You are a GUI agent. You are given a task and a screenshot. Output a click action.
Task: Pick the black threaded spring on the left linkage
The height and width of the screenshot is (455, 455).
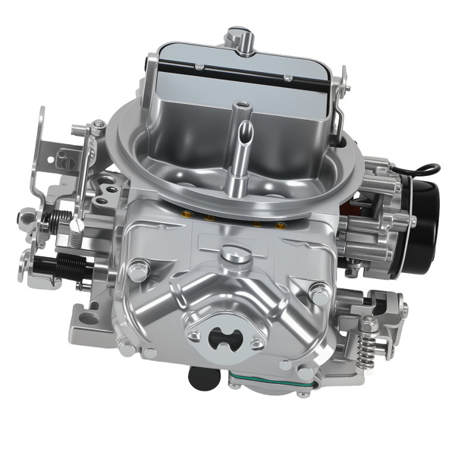click(73, 263)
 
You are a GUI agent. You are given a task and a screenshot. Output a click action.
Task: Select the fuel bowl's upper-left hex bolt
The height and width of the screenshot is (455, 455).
click(139, 268)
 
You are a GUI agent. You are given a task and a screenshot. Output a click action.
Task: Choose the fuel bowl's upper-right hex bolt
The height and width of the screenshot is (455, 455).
click(321, 290)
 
